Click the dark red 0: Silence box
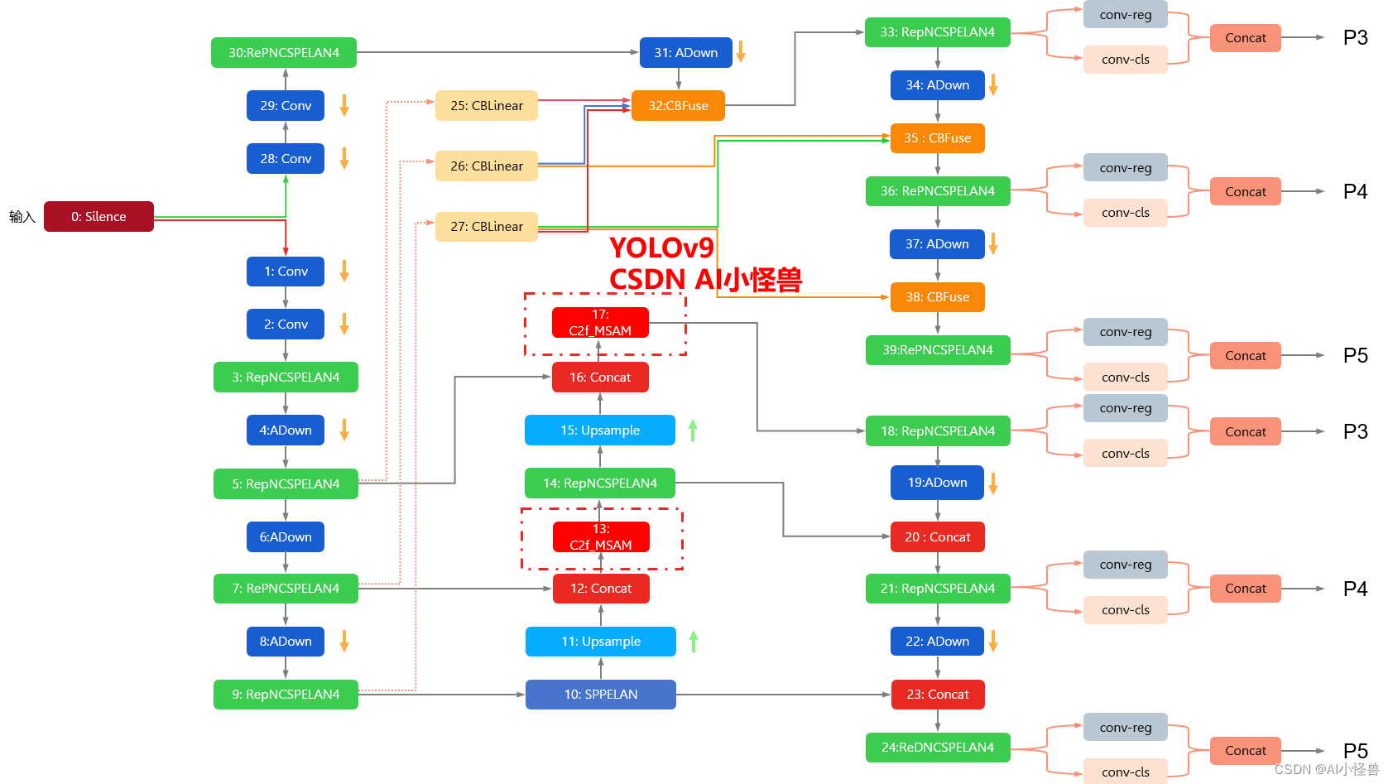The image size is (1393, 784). point(98,217)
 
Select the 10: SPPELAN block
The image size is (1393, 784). point(600,695)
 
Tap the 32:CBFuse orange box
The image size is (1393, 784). point(678,106)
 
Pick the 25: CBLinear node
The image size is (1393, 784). point(487,106)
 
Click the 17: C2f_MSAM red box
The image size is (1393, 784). point(600,323)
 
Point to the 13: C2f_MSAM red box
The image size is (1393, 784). point(601,537)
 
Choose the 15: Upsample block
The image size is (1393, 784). point(599,430)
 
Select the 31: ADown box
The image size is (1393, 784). point(685,53)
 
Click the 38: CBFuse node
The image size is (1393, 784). point(937,297)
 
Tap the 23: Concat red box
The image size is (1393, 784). point(937,695)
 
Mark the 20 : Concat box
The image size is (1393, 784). point(937,537)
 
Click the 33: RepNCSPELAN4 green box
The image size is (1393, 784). point(937,32)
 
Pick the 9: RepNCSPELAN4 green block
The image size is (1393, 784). point(286,695)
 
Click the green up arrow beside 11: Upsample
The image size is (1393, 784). point(694,641)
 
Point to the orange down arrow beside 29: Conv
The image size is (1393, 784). point(344,105)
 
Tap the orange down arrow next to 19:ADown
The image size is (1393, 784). point(993,483)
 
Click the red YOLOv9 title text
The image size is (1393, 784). point(661,248)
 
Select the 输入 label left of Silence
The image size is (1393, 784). point(22,217)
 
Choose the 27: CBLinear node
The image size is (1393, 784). point(487,227)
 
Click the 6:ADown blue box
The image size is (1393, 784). point(286,537)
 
